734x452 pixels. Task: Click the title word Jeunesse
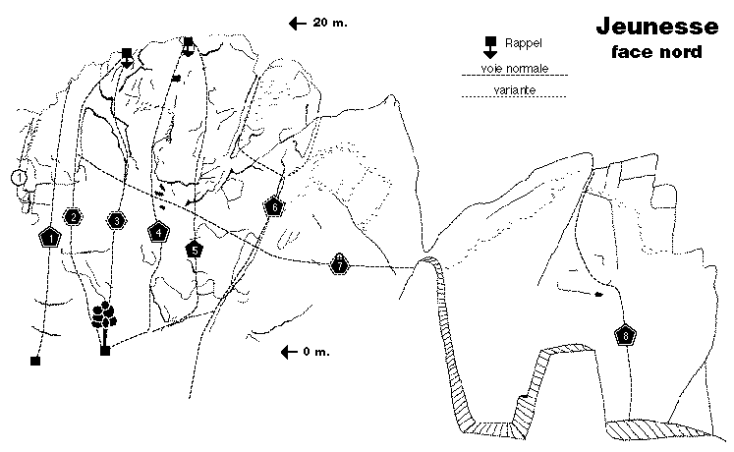(x=650, y=27)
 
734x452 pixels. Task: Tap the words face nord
(x=650, y=51)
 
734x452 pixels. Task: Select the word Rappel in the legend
(x=523, y=43)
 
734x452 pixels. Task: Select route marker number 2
(x=72, y=217)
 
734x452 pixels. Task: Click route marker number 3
(x=116, y=220)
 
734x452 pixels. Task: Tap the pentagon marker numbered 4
(x=158, y=233)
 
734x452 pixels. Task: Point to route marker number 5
(x=195, y=251)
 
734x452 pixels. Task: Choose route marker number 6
(x=273, y=207)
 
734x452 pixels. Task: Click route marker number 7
(x=340, y=265)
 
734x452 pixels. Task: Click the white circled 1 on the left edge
(x=18, y=178)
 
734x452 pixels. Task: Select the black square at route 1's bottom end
(x=35, y=362)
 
